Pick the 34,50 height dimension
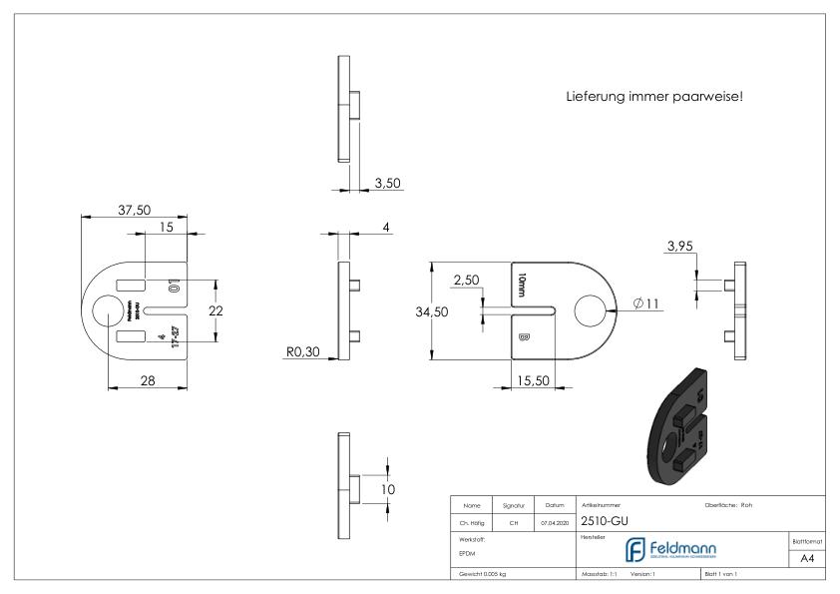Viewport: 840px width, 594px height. point(432,311)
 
